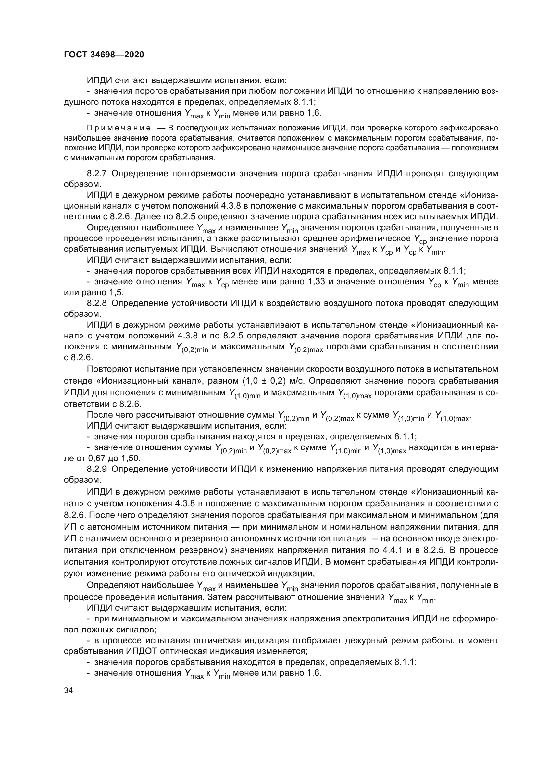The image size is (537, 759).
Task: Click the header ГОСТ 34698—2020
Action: (104, 55)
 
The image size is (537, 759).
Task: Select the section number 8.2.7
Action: (96, 174)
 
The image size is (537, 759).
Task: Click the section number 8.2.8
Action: (96, 303)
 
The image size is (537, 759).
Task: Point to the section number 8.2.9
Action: (96, 469)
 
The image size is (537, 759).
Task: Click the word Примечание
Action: (119, 128)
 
